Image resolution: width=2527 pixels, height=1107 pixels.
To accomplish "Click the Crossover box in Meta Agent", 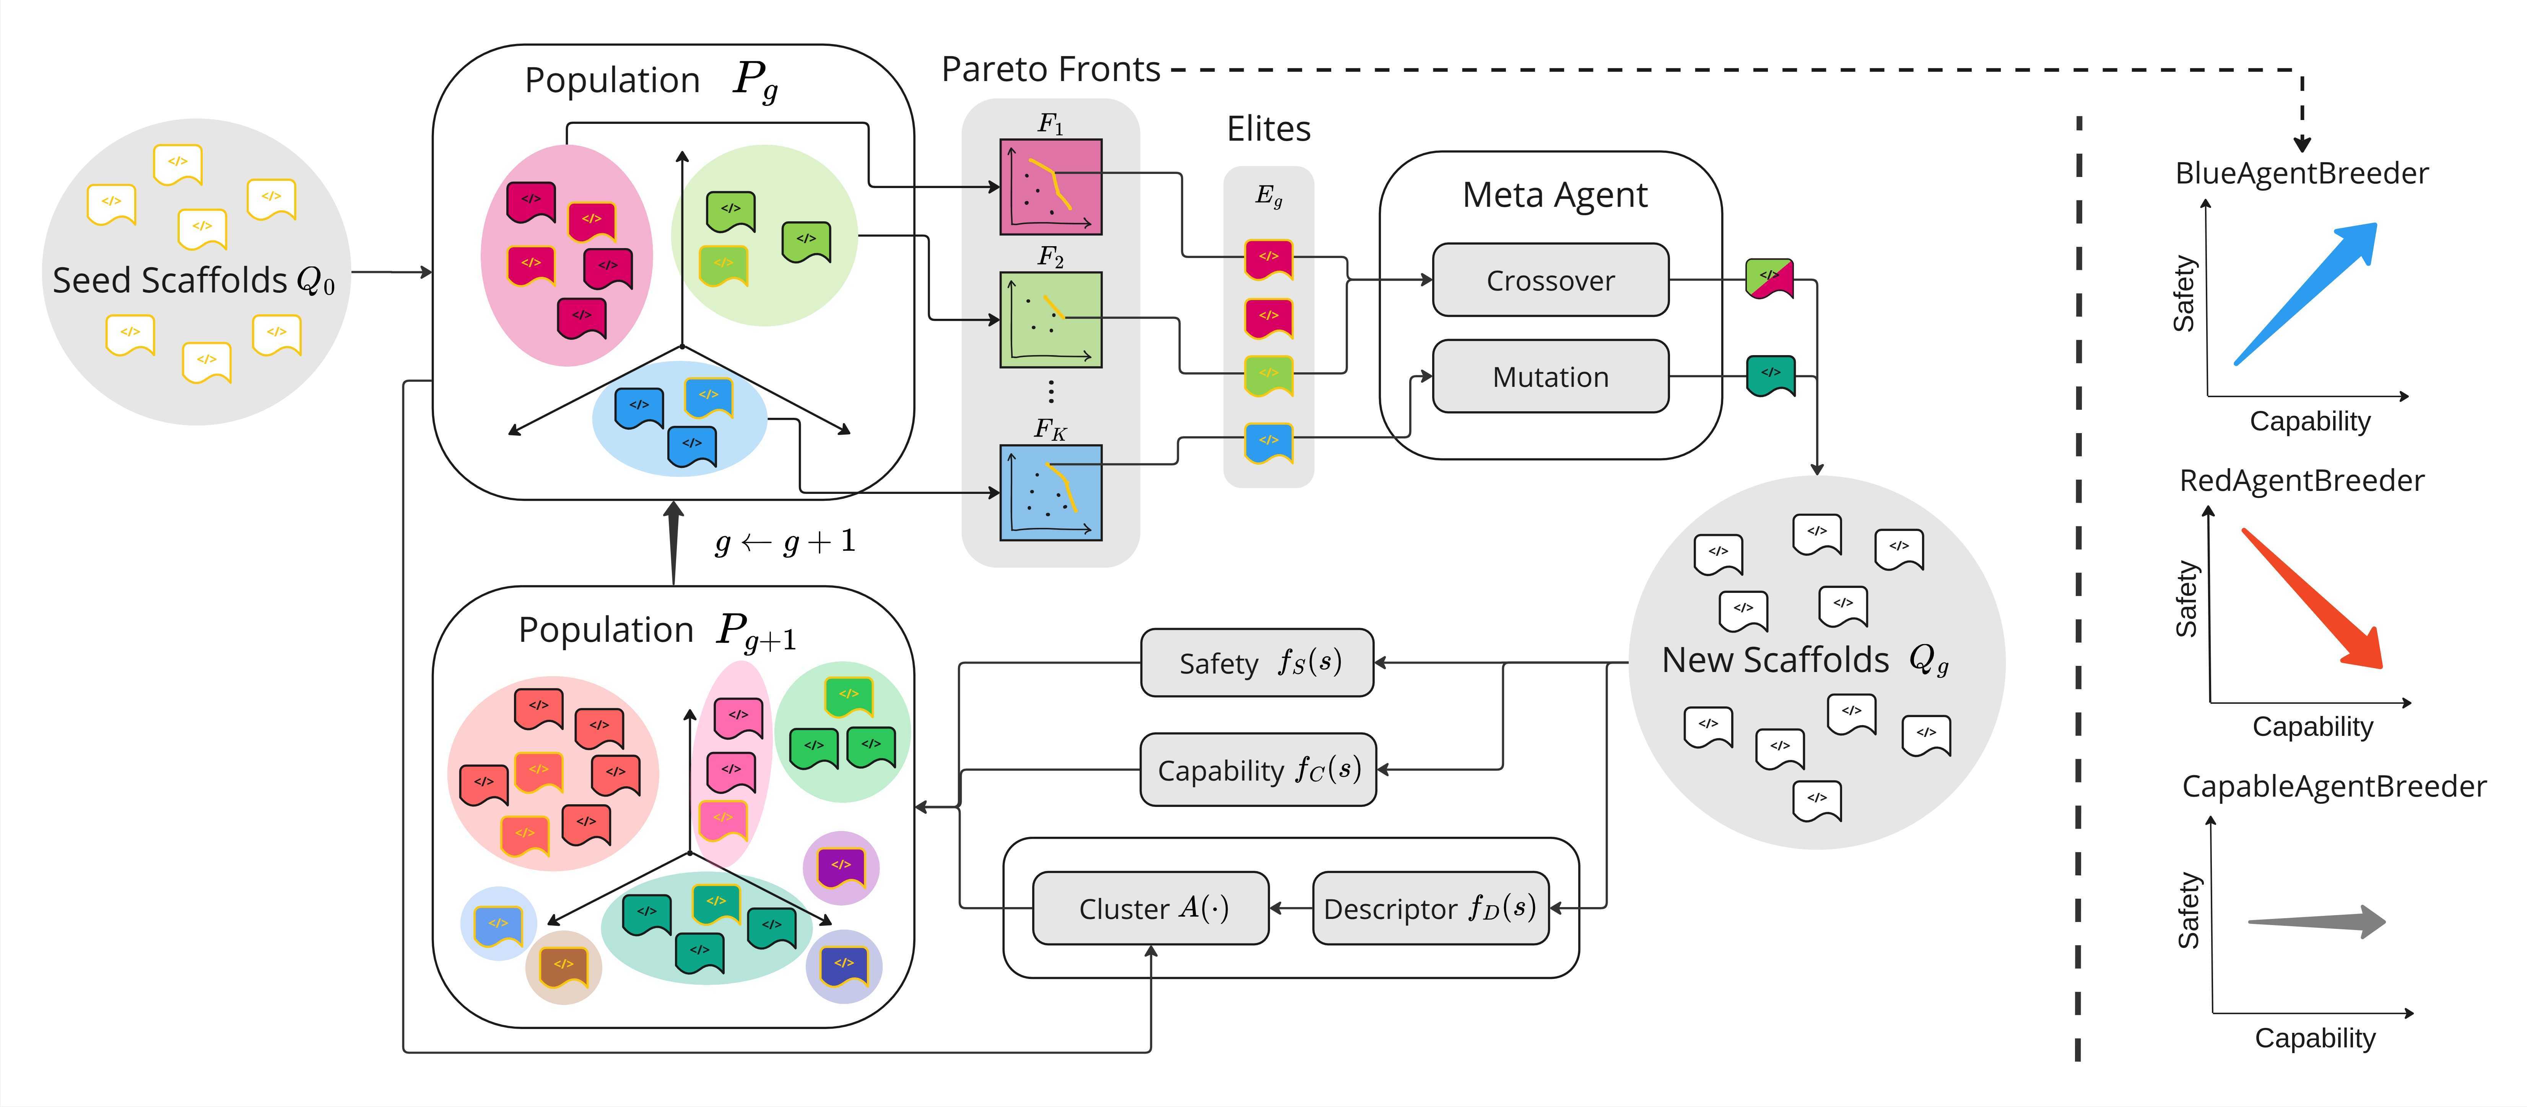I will pos(1550,281).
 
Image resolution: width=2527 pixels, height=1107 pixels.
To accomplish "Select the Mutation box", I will pos(1550,377).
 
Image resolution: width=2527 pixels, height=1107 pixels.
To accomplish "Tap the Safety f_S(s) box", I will pos(1257,663).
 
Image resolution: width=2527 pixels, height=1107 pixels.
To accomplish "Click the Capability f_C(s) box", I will pos(1258,770).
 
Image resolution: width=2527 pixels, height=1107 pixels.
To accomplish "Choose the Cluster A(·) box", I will pos(1151,908).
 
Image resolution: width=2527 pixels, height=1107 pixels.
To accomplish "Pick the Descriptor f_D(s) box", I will pos(1429,908).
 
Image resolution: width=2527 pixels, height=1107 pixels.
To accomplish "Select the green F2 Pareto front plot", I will pos(1050,320).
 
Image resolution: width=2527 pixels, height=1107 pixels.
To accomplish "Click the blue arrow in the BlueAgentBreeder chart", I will pos(2305,294).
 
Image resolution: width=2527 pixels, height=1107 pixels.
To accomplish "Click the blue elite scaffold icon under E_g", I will pos(1268,442).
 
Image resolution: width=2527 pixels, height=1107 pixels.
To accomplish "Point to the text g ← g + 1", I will pos(785,541).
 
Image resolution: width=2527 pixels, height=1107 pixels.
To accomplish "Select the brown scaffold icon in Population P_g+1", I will pos(563,967).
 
